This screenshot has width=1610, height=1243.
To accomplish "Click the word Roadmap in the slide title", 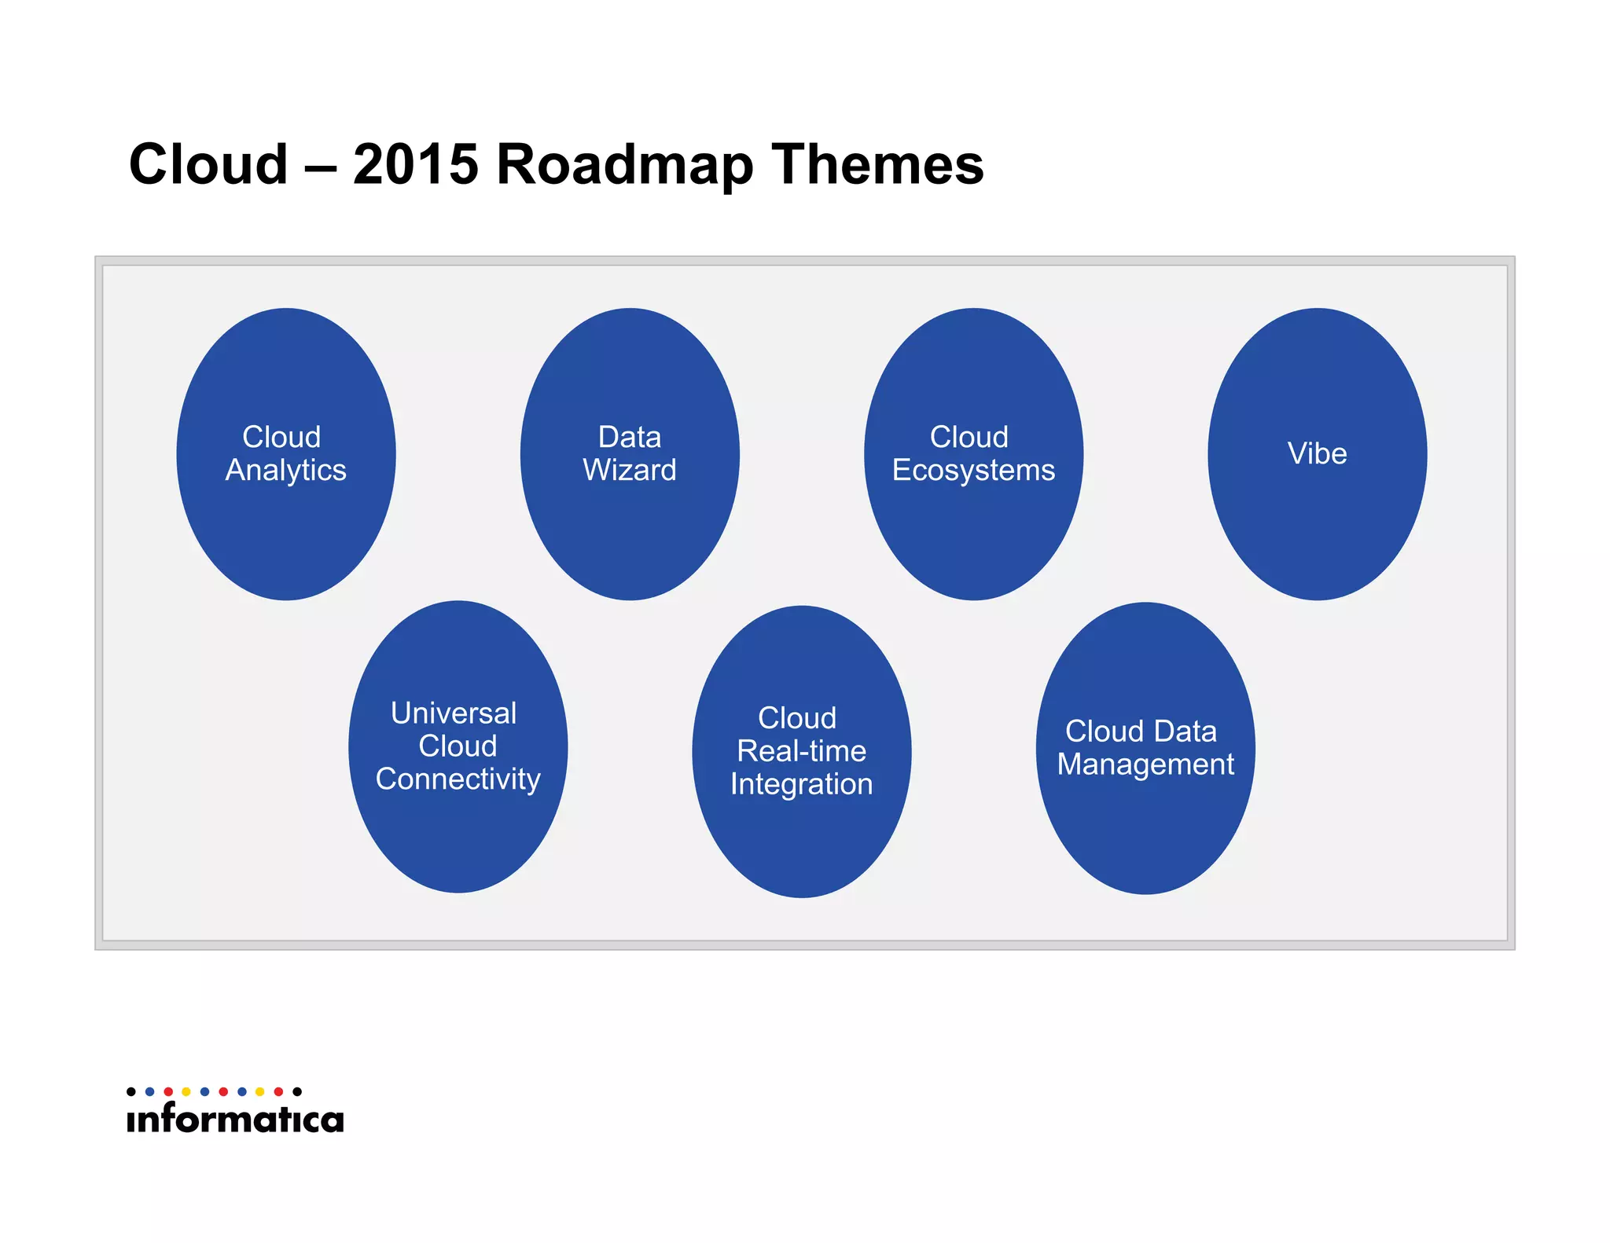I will (x=625, y=165).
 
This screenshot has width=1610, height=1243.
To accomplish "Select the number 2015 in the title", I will (x=415, y=165).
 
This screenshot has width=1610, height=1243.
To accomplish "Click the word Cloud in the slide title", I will (x=208, y=165).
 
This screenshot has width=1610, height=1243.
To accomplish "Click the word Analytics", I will (x=285, y=471).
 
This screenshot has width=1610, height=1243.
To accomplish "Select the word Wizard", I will (x=629, y=471).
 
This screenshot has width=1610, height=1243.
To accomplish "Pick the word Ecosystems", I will (x=973, y=471).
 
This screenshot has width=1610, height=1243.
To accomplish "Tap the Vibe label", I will (x=1317, y=453).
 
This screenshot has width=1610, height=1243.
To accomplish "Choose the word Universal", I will (x=454, y=713).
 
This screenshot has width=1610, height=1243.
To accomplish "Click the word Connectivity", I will (x=458, y=779).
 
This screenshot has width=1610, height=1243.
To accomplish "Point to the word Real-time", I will (x=801, y=751).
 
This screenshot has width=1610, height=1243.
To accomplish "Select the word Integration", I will (x=801, y=784).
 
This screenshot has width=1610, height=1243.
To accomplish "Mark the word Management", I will (x=1145, y=764).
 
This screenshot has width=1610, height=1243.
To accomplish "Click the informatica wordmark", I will (x=235, y=1118).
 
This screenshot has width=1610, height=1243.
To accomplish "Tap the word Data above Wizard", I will (x=629, y=437).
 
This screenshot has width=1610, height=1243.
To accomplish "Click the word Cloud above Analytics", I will (x=281, y=437).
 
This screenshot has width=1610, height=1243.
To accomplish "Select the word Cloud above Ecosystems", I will (x=969, y=437).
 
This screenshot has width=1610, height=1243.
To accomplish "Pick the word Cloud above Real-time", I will (x=797, y=718).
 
